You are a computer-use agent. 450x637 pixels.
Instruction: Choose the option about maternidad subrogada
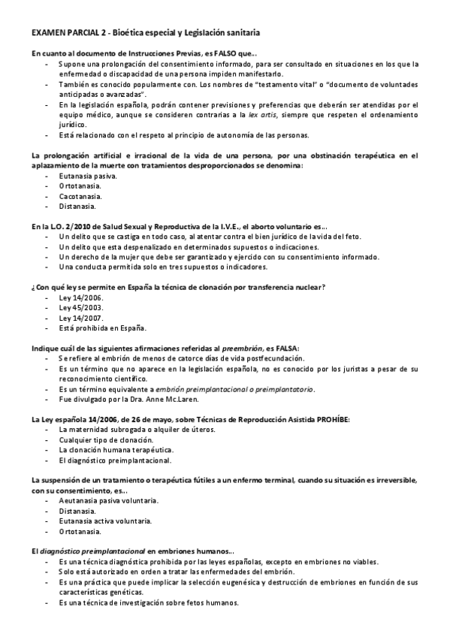[125, 429]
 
